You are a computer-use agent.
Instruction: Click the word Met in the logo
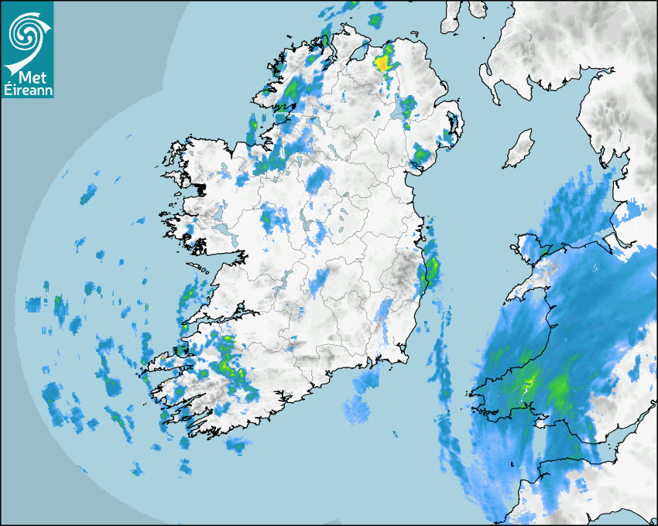(27, 77)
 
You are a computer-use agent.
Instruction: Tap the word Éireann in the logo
(27, 90)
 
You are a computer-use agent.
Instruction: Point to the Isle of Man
(519, 149)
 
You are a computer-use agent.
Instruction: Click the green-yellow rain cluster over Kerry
(227, 364)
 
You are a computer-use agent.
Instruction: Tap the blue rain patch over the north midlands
(317, 182)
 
